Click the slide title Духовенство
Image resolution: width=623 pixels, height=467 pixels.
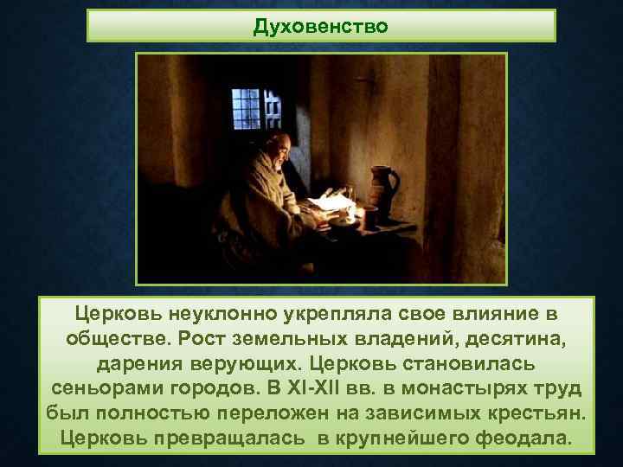(320, 26)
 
